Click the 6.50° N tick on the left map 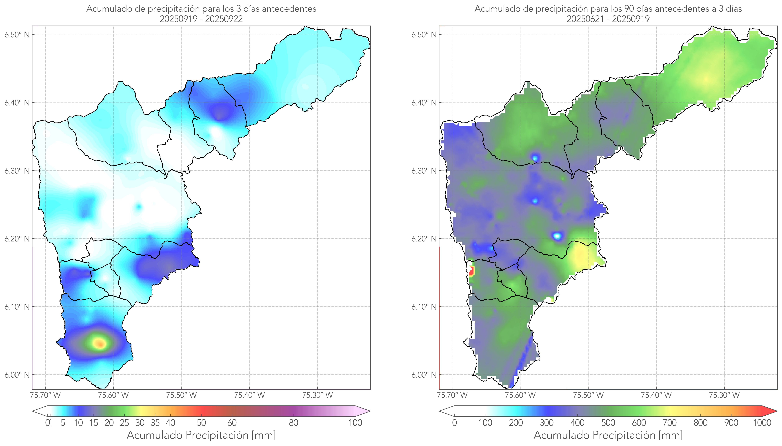point(17,35)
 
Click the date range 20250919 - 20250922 point(201,19)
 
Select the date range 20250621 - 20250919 point(608,19)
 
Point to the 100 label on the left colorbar point(355,423)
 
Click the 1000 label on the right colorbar point(762,423)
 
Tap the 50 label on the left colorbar point(201,423)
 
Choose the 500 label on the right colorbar point(608,423)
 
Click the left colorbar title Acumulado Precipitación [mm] point(201,435)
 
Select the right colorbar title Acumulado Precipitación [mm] point(608,435)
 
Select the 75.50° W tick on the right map point(588,395)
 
